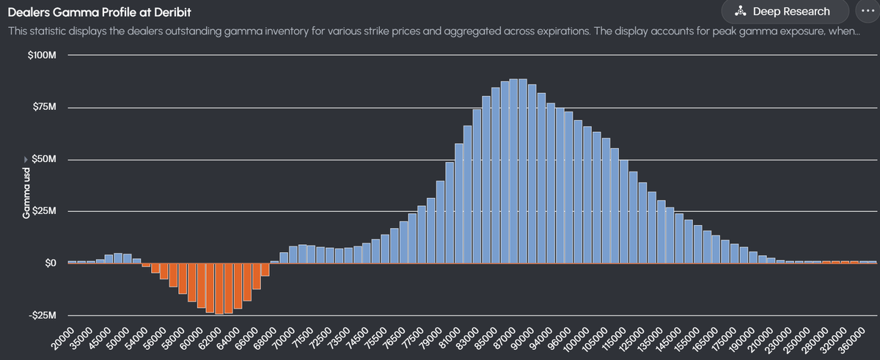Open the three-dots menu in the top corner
point(863,12)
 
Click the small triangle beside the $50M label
point(28,160)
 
